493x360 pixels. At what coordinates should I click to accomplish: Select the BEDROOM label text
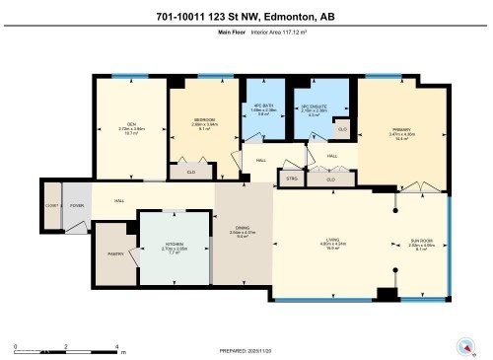[205, 120]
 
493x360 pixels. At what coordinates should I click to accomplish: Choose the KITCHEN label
[174, 246]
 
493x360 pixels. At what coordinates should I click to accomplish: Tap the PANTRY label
[114, 253]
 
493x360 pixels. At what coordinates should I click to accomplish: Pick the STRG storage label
[291, 179]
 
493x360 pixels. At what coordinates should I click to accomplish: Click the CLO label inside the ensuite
[341, 129]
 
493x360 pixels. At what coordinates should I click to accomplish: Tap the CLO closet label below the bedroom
[189, 171]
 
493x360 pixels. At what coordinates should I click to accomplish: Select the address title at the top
[246, 15]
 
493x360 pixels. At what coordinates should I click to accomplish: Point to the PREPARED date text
[247, 350]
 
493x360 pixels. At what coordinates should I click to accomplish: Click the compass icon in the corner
[464, 345]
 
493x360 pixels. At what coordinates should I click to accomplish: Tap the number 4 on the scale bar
[117, 346]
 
